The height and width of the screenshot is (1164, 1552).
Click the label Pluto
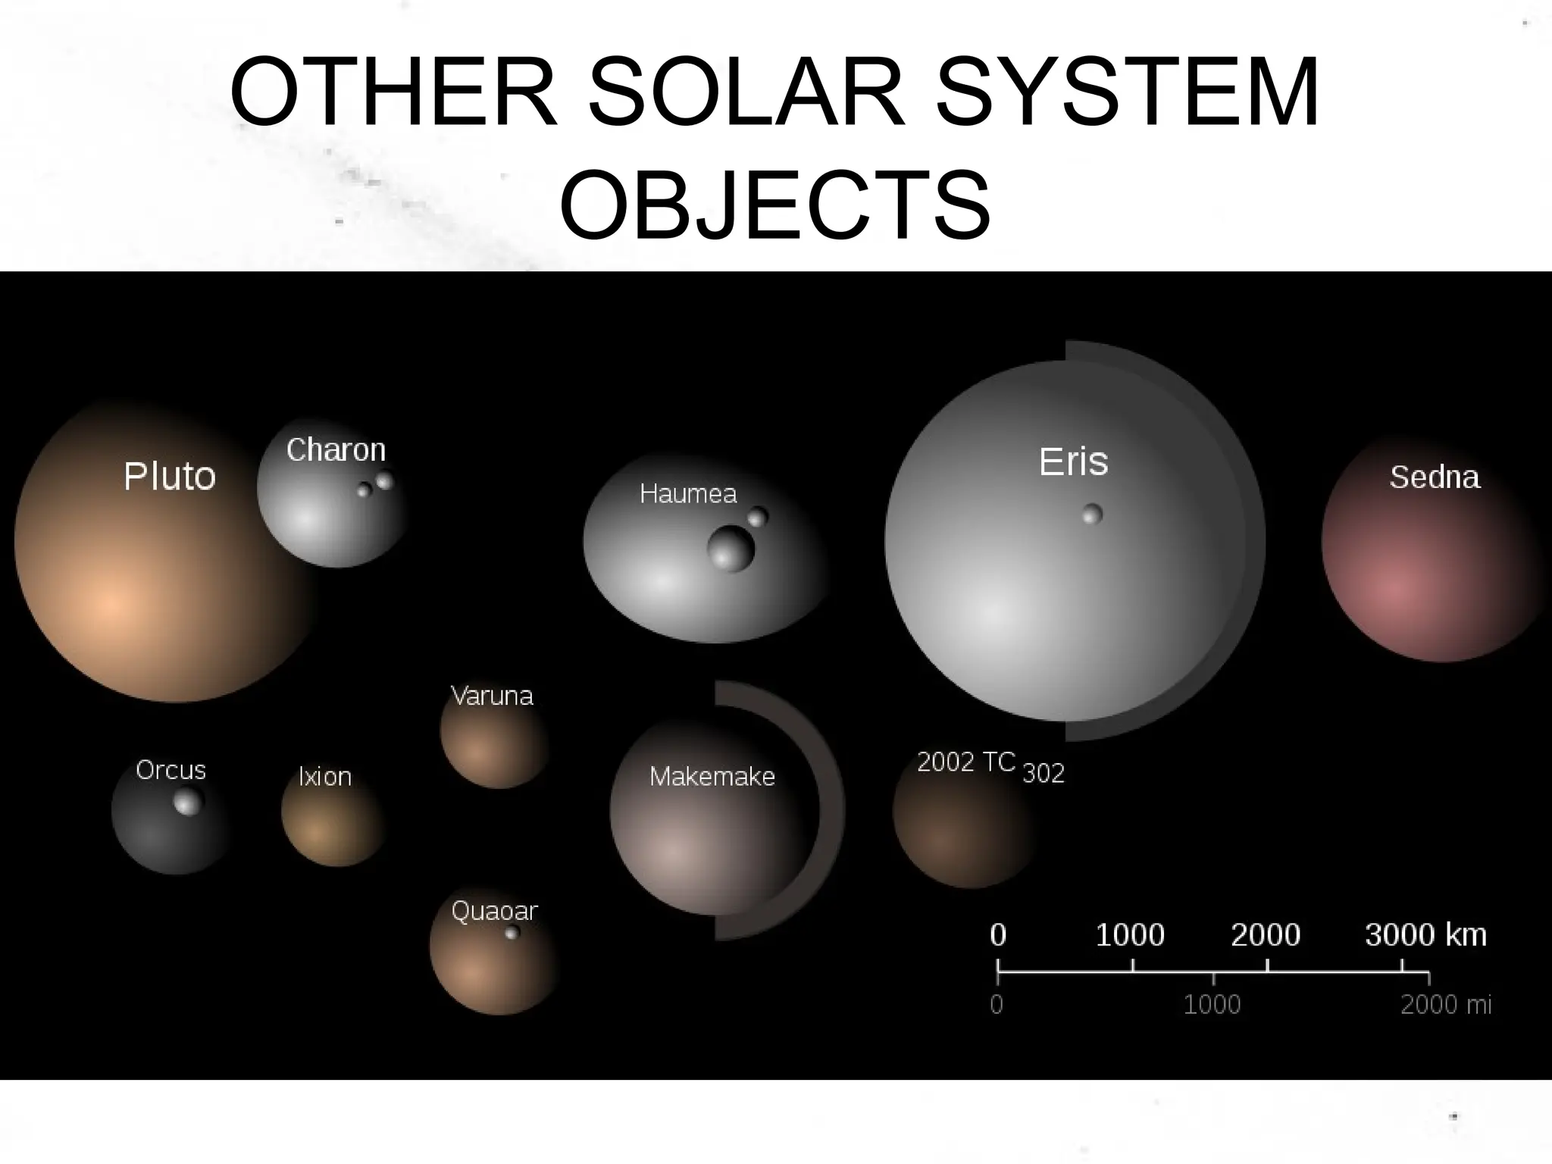click(170, 477)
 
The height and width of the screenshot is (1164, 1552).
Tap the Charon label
click(336, 450)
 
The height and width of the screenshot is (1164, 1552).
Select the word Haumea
click(688, 494)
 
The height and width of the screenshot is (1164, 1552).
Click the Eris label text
click(1073, 462)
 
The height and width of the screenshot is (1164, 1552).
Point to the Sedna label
click(1435, 477)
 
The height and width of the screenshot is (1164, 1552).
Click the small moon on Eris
click(1092, 515)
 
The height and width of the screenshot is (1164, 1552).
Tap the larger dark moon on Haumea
click(731, 549)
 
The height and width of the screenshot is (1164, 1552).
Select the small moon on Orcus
click(188, 802)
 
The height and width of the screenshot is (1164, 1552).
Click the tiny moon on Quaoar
click(512, 932)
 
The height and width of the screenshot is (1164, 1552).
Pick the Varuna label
click(492, 696)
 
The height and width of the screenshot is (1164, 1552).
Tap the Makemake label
click(712, 777)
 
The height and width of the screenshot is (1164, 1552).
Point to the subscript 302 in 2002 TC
click(1044, 774)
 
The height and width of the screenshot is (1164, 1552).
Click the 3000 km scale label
click(1425, 935)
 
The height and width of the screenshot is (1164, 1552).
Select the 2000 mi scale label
click(1445, 1005)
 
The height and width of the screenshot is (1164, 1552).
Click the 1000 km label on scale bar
click(1130, 935)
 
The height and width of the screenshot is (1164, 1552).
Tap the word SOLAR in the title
click(746, 92)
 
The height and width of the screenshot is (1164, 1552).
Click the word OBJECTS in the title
click(775, 205)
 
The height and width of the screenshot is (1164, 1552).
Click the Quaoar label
click(494, 911)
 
